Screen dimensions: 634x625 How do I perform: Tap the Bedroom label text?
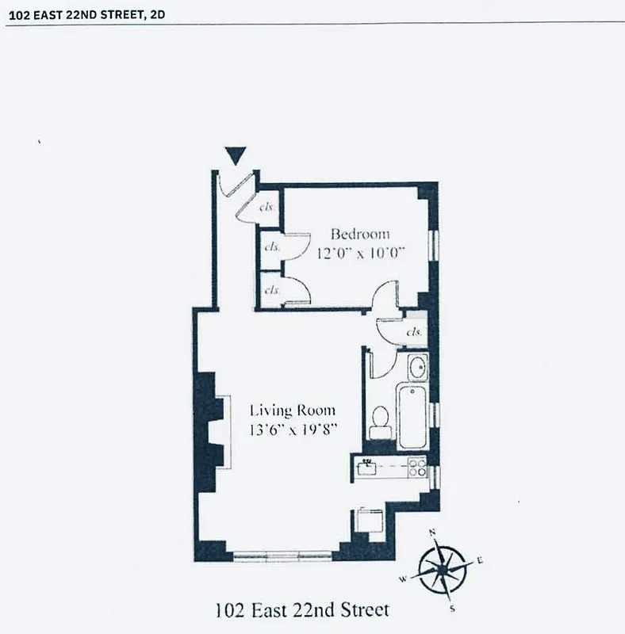[360, 234]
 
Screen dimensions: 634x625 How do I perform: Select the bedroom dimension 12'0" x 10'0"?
[361, 253]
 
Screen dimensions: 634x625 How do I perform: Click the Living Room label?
[292, 411]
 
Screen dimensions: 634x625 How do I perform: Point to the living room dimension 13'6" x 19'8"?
[292, 430]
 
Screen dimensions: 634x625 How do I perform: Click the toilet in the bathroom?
[381, 422]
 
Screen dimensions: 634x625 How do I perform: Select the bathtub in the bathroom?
[412, 416]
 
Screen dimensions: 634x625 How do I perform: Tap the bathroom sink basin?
[417, 368]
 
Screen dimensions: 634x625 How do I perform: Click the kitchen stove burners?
[417, 468]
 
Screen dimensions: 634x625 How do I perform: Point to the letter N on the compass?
[432, 533]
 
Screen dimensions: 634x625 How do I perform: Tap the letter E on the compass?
[480, 560]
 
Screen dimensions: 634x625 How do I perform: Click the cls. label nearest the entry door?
[267, 207]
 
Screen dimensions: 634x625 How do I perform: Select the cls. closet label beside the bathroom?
[413, 332]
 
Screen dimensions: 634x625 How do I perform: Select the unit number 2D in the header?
[158, 13]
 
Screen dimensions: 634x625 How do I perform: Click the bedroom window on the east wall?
[433, 245]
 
